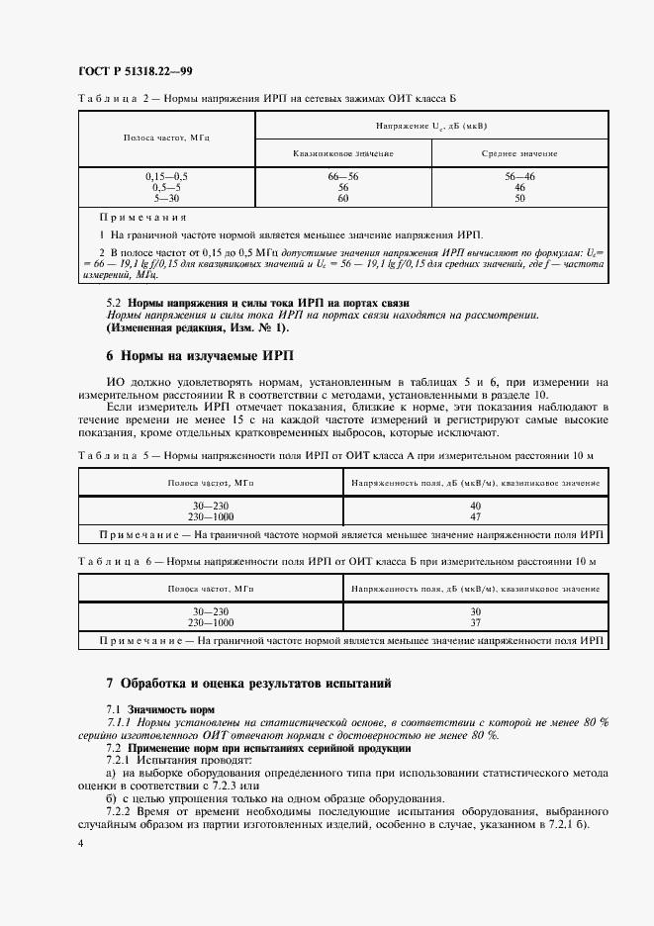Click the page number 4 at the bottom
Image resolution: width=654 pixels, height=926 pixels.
[x=80, y=843]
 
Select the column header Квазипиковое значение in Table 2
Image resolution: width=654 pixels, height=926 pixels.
[x=343, y=153]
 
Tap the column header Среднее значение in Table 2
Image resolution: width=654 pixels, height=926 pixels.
[x=519, y=153]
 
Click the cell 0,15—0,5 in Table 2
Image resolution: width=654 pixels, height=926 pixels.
[x=166, y=175]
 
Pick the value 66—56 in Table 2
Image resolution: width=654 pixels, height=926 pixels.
[x=343, y=175]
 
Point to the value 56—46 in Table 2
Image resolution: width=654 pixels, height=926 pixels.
[x=519, y=175]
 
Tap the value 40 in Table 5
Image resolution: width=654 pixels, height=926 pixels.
[x=475, y=506]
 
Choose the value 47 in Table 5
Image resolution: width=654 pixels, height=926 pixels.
[x=475, y=516]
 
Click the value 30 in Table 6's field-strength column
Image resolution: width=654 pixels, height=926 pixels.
[x=475, y=611]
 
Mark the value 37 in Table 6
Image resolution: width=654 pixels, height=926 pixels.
[x=475, y=622]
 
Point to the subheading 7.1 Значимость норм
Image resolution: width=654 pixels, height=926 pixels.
[x=159, y=709]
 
